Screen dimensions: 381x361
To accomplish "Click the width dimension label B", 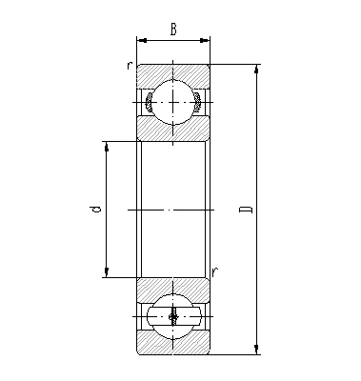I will (172, 30).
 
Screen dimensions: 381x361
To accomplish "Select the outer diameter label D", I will (246, 210).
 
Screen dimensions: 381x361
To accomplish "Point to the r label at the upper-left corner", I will (128, 66).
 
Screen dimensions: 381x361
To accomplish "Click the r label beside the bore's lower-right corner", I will (215, 271).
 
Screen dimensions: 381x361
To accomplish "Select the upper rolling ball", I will (172, 100).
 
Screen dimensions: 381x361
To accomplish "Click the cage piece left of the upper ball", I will (148, 99).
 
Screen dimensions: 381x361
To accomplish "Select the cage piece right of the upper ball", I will (197, 99).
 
